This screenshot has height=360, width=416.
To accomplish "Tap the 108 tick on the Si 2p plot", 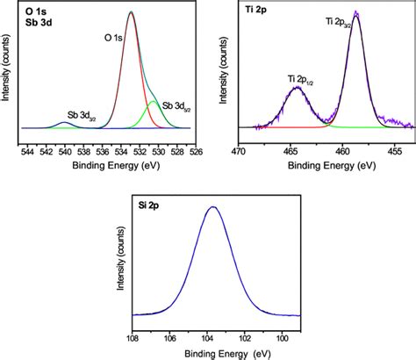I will [x=133, y=335].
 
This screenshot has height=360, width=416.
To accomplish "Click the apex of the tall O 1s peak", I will [x=130, y=12].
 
